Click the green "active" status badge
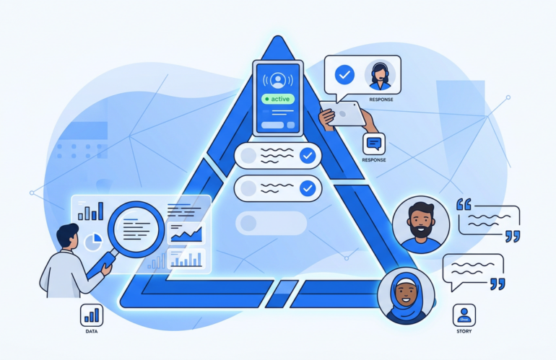click(278, 99)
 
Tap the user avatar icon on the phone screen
click(278, 80)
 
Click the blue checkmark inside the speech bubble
click(344, 75)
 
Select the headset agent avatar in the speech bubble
click(380, 76)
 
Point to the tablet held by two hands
click(343, 113)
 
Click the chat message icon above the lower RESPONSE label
click(374, 144)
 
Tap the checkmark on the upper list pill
click(308, 156)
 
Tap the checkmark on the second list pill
click(308, 188)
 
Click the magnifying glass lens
click(136, 229)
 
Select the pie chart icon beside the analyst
click(93, 242)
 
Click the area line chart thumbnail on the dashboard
click(186, 233)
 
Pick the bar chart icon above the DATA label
click(92, 315)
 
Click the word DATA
click(92, 332)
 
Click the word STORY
click(464, 332)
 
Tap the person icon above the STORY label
click(464, 315)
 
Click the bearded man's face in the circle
click(421, 221)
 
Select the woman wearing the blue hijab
click(406, 297)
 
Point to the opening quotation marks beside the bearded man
click(464, 204)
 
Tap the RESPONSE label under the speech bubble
click(381, 100)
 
